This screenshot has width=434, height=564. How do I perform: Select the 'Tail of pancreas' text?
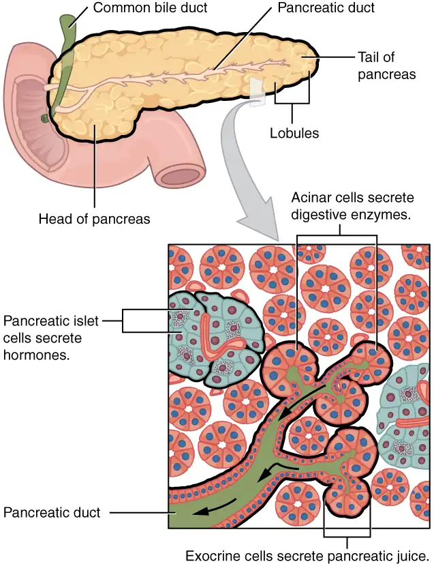pos(386,66)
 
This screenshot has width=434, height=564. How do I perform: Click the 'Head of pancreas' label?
pos(95,219)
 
